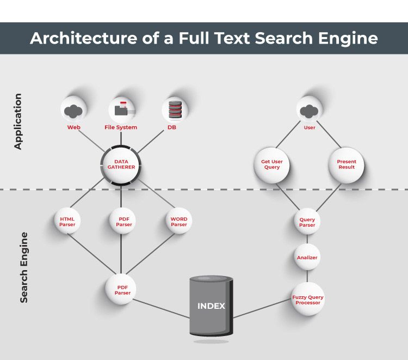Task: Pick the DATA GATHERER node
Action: pos(121,164)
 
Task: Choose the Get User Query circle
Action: pos(271,164)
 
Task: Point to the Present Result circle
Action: pos(346,164)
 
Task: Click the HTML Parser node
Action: pos(67,222)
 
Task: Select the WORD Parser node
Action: pos(178,222)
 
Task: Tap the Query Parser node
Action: pos(307,222)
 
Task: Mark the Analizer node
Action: pos(307,258)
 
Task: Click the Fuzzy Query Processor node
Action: pos(308,300)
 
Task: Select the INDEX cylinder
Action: pos(211,306)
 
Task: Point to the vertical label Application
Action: pos(18,121)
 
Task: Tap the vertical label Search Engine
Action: pos(24,267)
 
